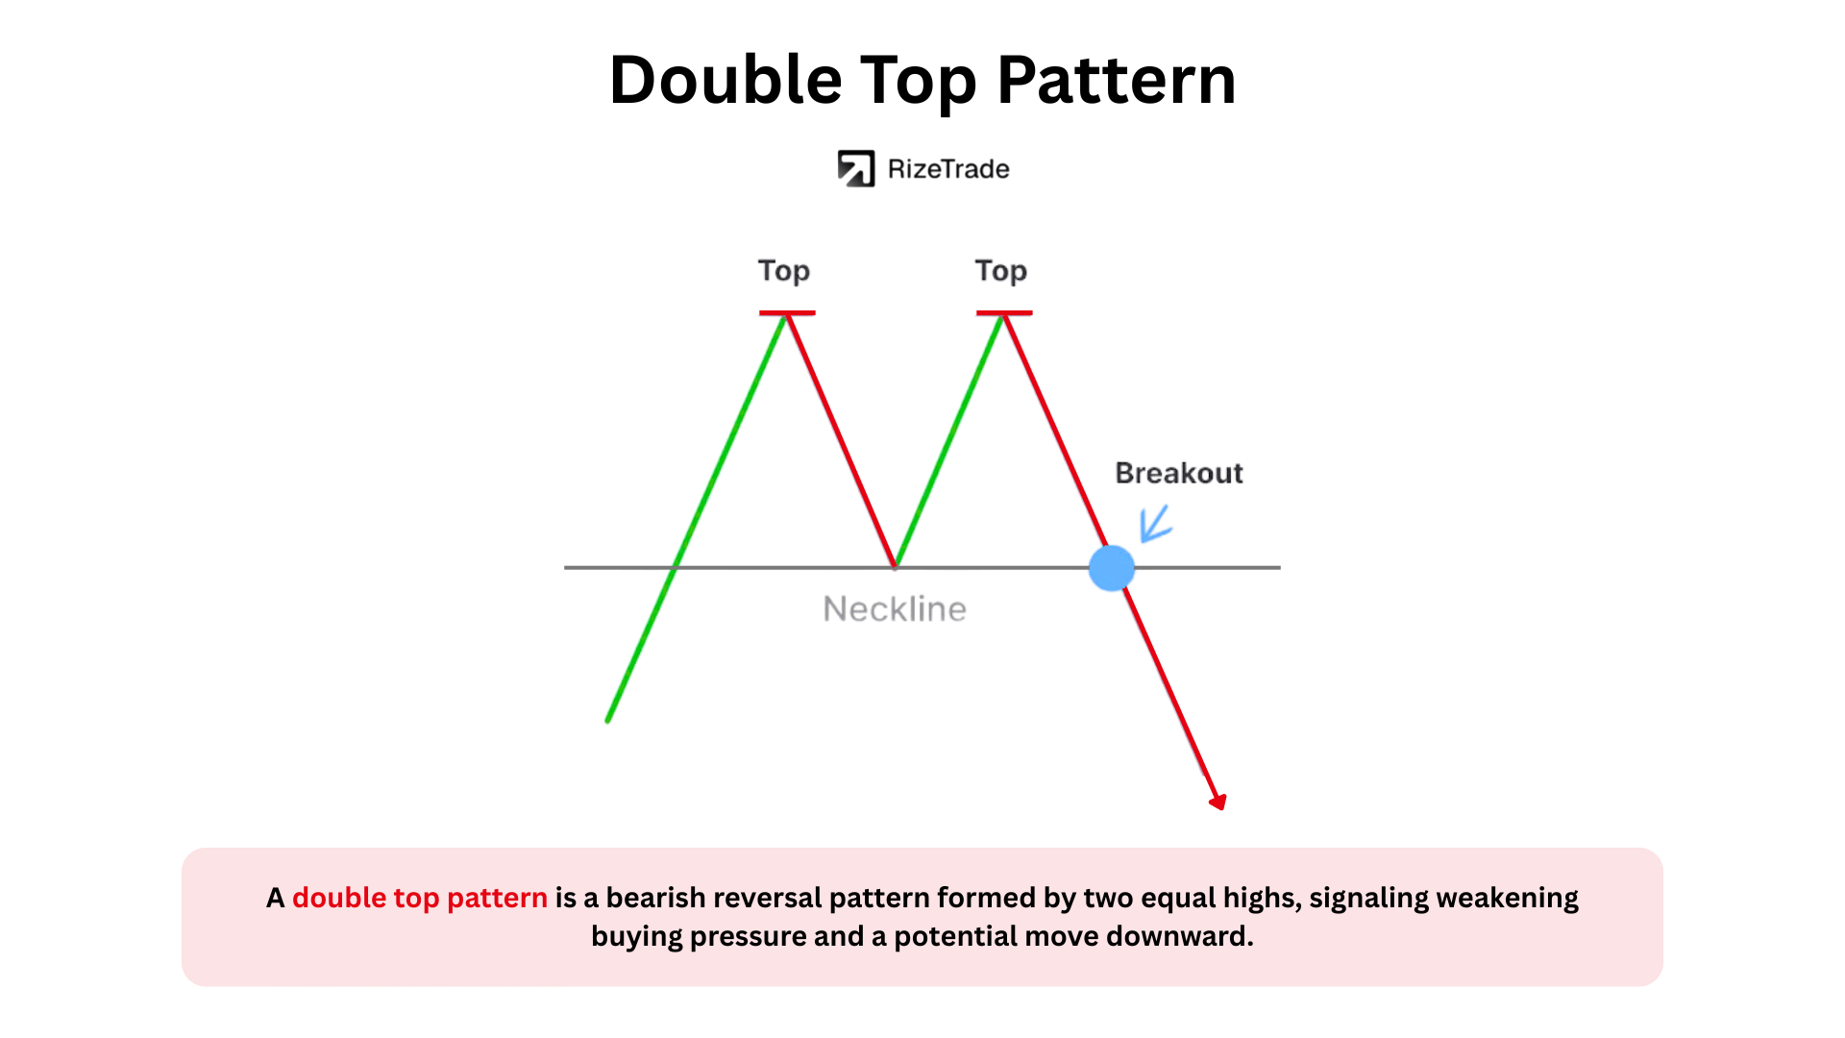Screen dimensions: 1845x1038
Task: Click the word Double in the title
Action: pyautogui.click(x=726, y=79)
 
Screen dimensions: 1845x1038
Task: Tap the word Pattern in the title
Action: pyautogui.click(x=1117, y=79)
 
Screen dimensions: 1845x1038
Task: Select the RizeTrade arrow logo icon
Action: pyautogui.click(x=855, y=169)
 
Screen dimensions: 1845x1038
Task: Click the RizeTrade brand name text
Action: pyautogui.click(x=948, y=169)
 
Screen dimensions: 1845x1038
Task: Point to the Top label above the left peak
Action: pyautogui.click(x=784, y=272)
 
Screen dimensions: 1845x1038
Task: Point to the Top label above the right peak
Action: pyautogui.click(x=1001, y=272)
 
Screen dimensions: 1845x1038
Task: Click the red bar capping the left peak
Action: pyautogui.click(x=787, y=312)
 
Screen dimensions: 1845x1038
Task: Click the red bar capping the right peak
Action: pyautogui.click(x=1004, y=312)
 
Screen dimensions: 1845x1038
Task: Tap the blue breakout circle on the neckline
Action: pyautogui.click(x=1112, y=568)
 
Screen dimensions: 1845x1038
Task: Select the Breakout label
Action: pyautogui.click(x=1179, y=473)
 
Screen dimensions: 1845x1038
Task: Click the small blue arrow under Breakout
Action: pyautogui.click(x=1155, y=524)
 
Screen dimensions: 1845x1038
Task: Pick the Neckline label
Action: pyautogui.click(x=895, y=609)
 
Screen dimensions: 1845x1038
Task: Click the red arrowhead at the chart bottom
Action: pyautogui.click(x=1218, y=802)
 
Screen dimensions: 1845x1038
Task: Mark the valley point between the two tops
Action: pyautogui.click(x=895, y=566)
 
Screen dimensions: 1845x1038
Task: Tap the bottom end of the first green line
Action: pyautogui.click(x=608, y=719)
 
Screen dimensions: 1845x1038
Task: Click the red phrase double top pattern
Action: pyautogui.click(x=420, y=898)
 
